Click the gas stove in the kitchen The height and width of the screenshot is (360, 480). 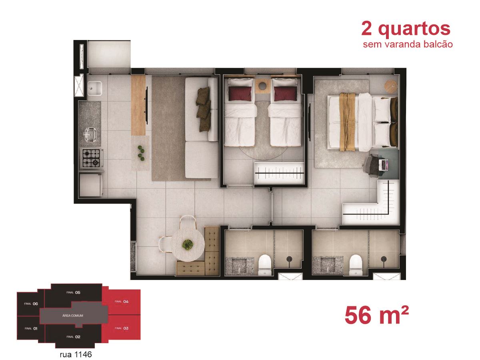(91, 158)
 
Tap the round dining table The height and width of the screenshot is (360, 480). (188, 244)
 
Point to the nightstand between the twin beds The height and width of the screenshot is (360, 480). (263, 86)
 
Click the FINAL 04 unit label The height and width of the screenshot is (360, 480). (121, 302)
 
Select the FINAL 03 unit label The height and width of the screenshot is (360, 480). (121, 328)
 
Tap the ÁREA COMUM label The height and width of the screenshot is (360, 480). (73, 316)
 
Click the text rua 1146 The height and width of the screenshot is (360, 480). (76, 354)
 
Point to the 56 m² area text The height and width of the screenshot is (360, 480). (376, 315)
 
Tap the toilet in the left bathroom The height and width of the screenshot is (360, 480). (265, 265)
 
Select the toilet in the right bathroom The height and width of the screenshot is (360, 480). (356, 265)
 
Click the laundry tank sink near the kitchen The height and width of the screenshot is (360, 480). (95, 88)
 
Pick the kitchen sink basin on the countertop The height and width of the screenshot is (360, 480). (90, 135)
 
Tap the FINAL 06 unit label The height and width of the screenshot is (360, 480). (31, 304)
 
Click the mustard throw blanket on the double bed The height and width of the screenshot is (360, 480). (347, 122)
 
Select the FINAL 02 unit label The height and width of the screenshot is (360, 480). (73, 337)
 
